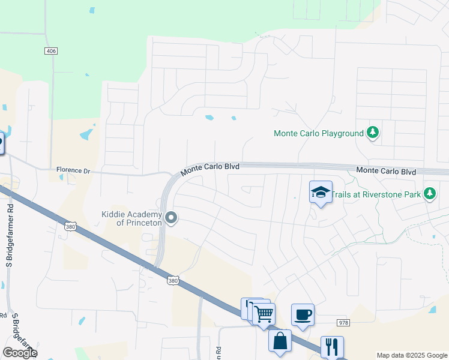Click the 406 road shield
(x=51, y=52)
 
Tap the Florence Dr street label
(x=73, y=171)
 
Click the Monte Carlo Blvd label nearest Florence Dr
(x=211, y=167)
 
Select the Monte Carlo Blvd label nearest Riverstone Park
(x=386, y=172)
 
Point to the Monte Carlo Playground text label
(x=319, y=133)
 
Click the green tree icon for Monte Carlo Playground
(x=373, y=132)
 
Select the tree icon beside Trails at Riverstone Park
(x=429, y=193)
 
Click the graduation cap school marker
(x=321, y=193)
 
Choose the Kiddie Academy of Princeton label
(x=132, y=218)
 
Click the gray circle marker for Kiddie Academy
(x=172, y=218)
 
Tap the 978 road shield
(x=343, y=323)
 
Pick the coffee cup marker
(x=303, y=314)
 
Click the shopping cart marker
(x=264, y=313)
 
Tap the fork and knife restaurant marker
(x=332, y=346)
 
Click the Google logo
(x=20, y=353)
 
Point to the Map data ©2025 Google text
(x=411, y=355)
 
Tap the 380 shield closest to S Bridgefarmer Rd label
(x=70, y=226)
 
